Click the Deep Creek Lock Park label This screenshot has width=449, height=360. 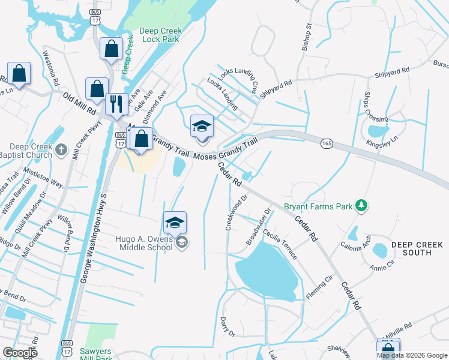[x=160, y=35]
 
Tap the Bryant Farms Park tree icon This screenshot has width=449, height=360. [x=361, y=206]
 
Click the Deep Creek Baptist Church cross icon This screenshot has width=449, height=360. [x=61, y=148]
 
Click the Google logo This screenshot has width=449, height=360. [x=20, y=353]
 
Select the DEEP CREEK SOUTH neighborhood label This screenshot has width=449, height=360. [x=417, y=248]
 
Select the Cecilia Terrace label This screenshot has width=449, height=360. [x=280, y=245]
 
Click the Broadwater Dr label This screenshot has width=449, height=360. [x=259, y=226]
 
